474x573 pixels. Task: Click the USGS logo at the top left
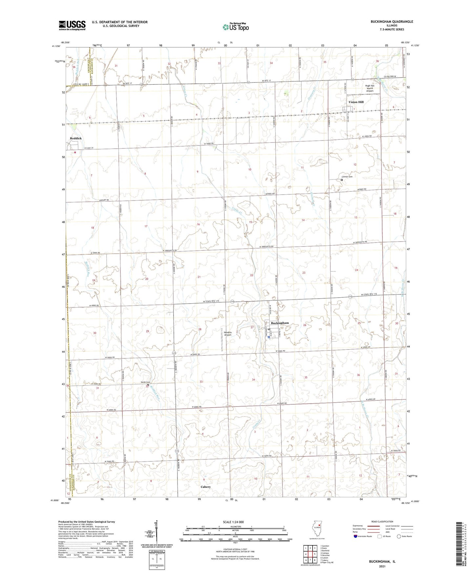coord(72,25)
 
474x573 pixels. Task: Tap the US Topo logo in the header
coord(235,27)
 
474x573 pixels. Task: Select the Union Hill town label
coord(356,102)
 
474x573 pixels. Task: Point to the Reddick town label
coord(76,138)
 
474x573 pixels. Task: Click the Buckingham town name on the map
coord(280,323)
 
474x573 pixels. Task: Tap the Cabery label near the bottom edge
coord(206,487)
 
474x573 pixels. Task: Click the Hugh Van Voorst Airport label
coord(372,89)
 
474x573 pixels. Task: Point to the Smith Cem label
coord(145,382)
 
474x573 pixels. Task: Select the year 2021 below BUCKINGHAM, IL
coord(382,566)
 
